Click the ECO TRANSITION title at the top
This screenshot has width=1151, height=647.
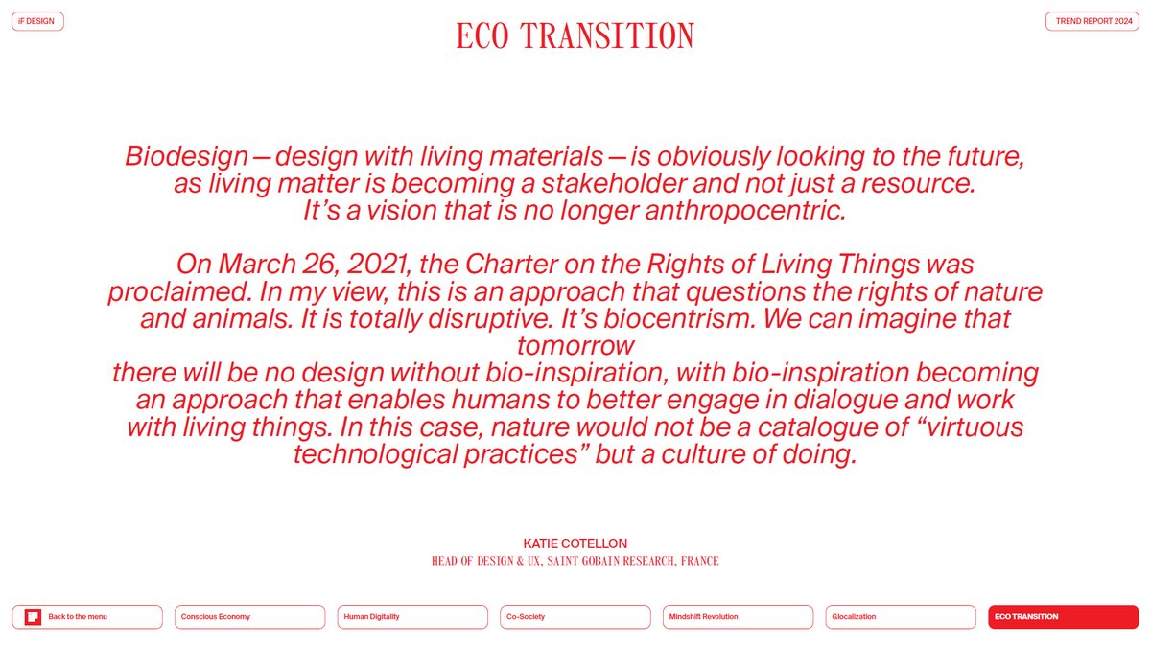click(575, 36)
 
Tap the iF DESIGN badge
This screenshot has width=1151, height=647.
click(36, 21)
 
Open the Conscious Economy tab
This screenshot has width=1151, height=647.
click(249, 617)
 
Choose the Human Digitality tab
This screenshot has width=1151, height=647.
click(411, 617)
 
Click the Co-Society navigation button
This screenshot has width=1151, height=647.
click(575, 617)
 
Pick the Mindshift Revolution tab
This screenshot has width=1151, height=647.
click(737, 617)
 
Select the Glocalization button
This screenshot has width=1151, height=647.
click(900, 617)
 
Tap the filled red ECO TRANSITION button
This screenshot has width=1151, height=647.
click(1063, 617)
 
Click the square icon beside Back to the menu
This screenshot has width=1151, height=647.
click(33, 617)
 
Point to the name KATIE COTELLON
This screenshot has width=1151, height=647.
click(575, 543)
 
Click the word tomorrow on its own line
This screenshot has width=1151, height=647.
click(575, 345)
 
